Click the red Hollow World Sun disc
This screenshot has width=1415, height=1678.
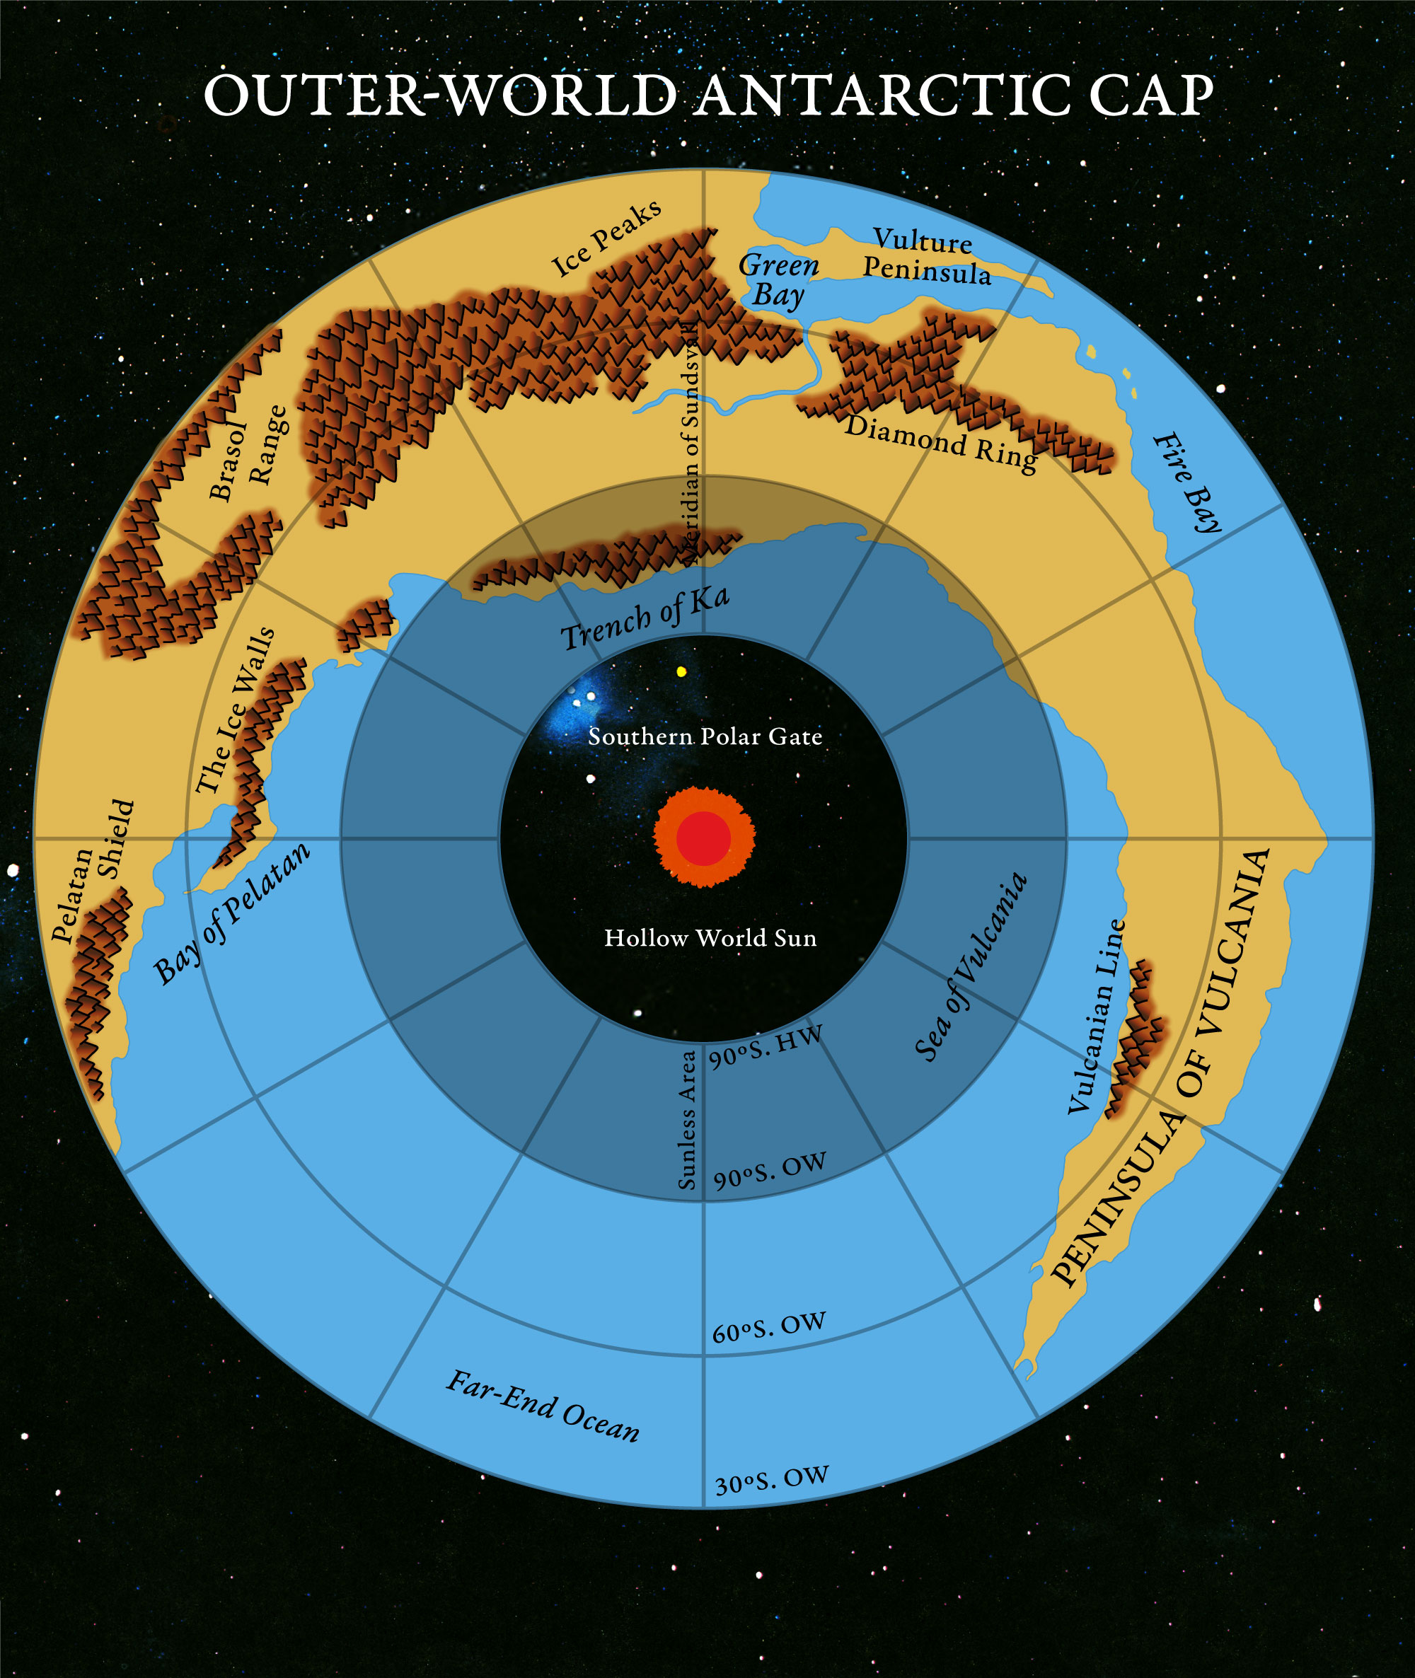click(x=703, y=838)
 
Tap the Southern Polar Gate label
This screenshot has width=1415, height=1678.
click(x=705, y=736)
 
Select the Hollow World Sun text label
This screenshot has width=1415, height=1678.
click(x=710, y=937)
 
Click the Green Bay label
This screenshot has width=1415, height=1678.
click(x=778, y=280)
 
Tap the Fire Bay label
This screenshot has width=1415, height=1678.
click(x=1187, y=482)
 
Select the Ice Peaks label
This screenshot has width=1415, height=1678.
click(x=606, y=238)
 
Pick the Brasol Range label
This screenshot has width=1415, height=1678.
click(x=246, y=453)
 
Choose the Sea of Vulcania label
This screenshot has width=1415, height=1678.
click(x=971, y=967)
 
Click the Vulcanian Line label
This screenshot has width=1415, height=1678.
click(x=1097, y=1017)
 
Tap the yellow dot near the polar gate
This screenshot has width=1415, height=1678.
click(x=682, y=671)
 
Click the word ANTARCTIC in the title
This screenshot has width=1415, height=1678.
click(x=883, y=96)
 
